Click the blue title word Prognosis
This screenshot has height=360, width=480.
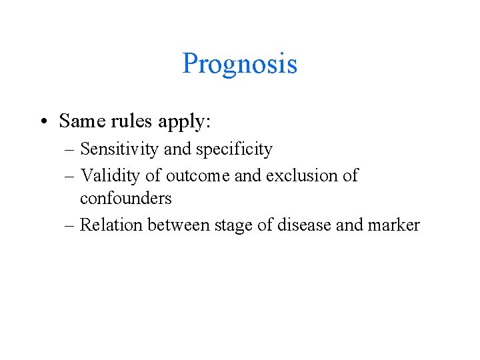click(239, 65)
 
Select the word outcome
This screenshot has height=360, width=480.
click(195, 176)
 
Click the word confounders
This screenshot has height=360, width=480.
click(126, 199)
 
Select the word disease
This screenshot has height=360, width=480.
click(305, 225)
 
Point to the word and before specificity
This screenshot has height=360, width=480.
click(177, 149)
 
